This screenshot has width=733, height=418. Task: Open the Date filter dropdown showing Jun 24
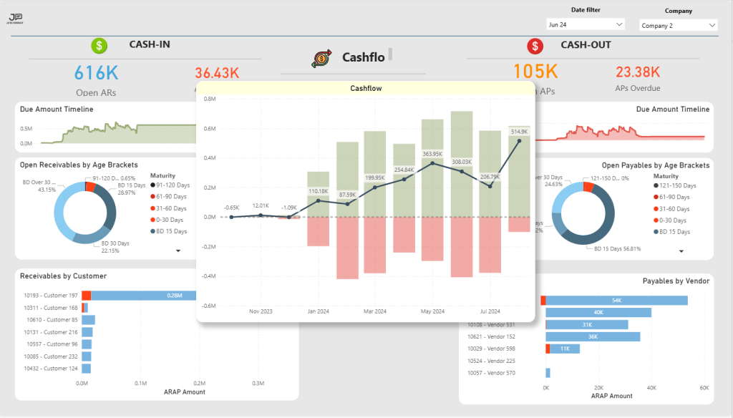[585, 24]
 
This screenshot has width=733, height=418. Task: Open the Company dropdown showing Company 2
[677, 26]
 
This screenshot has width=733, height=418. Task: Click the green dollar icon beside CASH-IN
[99, 46]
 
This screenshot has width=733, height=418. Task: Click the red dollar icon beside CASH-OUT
[534, 47]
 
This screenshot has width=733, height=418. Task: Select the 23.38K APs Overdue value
[637, 72]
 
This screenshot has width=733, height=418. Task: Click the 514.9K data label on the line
[519, 132]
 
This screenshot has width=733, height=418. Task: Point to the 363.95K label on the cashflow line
[432, 154]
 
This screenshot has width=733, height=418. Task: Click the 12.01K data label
[261, 206]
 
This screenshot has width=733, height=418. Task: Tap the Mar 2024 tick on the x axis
[374, 311]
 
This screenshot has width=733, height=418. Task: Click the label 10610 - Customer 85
[51, 320]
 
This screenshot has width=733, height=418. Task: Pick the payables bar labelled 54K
[616, 301]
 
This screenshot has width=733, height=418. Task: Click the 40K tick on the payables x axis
[651, 387]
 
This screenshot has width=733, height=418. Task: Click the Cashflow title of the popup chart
[366, 89]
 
